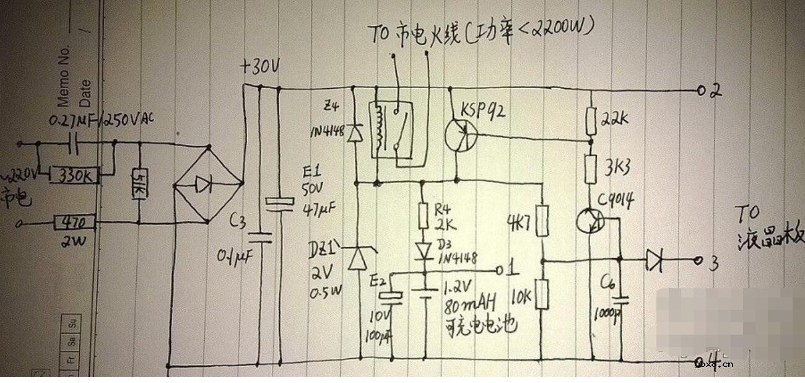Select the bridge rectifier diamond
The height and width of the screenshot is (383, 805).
pos(206,183)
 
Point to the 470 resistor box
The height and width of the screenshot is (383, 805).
pos(73,222)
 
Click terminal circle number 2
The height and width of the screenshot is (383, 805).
pos(701,91)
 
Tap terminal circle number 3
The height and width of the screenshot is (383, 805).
pos(700,261)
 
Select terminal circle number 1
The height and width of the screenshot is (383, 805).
pos(500,271)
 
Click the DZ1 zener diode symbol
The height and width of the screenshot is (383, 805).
pos(357,257)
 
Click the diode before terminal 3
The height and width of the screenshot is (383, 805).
pos(654,261)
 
